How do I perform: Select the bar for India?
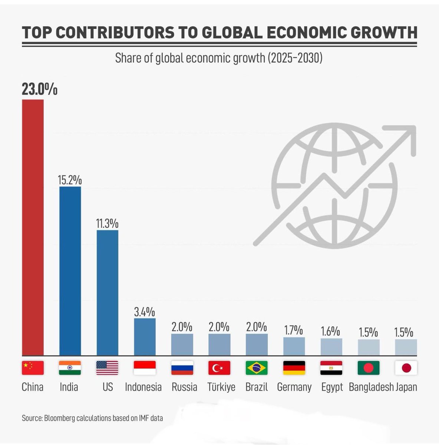click(x=70, y=271)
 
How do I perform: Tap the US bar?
click(x=108, y=293)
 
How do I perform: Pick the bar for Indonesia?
click(x=145, y=337)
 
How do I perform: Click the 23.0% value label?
click(x=39, y=90)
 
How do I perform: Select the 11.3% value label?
click(x=107, y=224)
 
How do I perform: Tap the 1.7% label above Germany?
click(x=294, y=330)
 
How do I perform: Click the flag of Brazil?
click(x=257, y=368)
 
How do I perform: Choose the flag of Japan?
click(x=406, y=368)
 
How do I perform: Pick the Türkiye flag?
click(x=219, y=368)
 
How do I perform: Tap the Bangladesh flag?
click(x=369, y=368)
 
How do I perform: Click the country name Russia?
click(x=184, y=387)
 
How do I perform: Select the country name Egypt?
click(x=332, y=387)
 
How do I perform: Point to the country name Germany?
click(x=294, y=387)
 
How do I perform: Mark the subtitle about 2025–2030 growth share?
click(x=219, y=58)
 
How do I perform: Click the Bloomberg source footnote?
click(x=92, y=418)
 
